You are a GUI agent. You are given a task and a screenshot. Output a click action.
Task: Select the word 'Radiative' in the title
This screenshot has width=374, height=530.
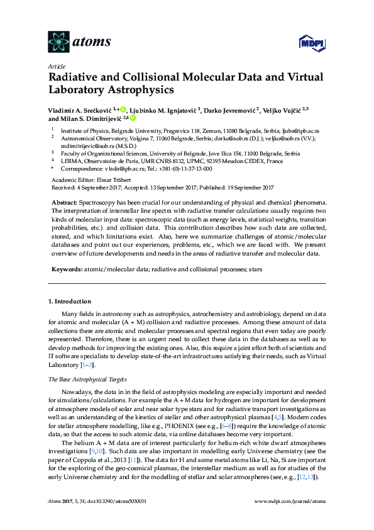click(80, 77)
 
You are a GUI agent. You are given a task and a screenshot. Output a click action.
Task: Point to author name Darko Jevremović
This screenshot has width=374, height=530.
click(238, 108)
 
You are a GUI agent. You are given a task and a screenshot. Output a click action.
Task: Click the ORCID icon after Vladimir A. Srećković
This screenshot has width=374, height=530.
click(124, 108)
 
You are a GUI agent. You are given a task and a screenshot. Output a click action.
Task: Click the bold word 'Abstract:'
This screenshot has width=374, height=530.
click(67, 201)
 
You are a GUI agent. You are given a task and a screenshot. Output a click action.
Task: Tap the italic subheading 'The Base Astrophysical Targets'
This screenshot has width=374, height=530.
click(87, 380)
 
